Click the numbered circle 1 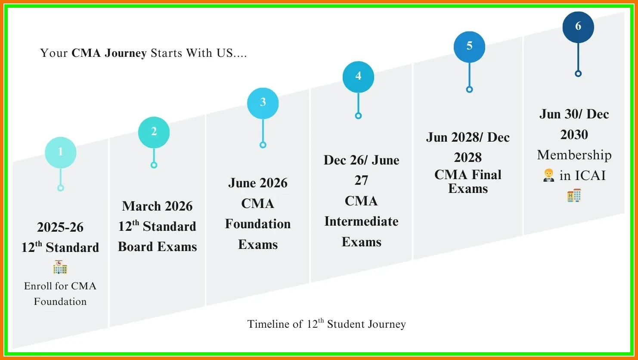[x=61, y=152]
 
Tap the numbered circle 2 [x=154, y=132]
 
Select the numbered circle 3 [x=263, y=103]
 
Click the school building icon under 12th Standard [x=60, y=267]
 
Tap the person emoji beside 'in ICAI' [x=548, y=175]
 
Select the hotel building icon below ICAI [x=574, y=196]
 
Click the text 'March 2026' [x=157, y=206]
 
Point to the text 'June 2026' [x=258, y=183]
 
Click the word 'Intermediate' [x=361, y=221]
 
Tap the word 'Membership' [x=574, y=155]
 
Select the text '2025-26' [x=60, y=227]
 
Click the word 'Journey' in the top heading [x=126, y=53]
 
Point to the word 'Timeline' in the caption [x=275, y=324]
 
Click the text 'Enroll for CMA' [x=60, y=286]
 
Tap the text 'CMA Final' [x=468, y=175]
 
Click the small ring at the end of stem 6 [x=578, y=74]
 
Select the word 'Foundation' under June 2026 [x=258, y=224]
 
